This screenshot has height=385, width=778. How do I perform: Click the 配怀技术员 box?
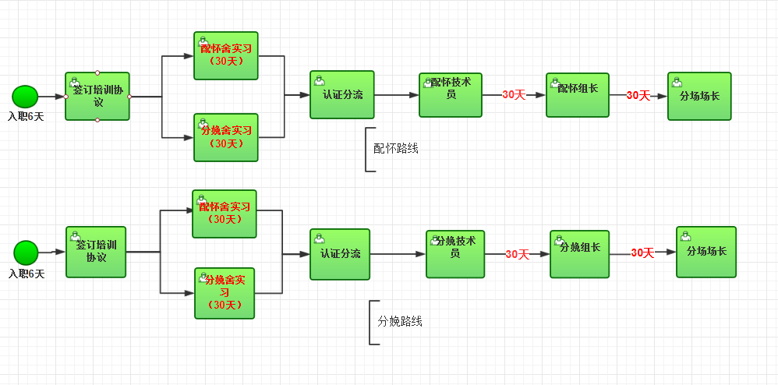(451, 95)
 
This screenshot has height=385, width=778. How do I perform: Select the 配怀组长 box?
(578, 95)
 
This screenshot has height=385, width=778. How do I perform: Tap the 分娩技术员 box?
(455, 254)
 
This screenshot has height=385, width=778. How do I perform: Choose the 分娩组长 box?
(579, 254)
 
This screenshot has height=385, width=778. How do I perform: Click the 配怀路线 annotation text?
(396, 148)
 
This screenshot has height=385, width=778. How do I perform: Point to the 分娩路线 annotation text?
(400, 321)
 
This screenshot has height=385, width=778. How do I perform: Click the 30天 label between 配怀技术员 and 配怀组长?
(514, 95)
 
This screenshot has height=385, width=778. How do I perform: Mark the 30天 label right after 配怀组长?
(638, 95)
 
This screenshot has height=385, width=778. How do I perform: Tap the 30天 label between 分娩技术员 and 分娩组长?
(517, 254)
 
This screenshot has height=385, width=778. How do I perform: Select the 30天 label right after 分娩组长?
(642, 253)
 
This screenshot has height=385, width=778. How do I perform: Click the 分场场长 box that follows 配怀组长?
(699, 97)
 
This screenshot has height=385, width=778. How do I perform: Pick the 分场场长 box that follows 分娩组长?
(706, 252)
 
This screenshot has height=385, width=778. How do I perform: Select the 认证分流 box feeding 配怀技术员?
(342, 95)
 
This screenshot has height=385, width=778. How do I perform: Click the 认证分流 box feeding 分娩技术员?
(340, 254)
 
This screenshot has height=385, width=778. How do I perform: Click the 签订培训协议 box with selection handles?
(97, 97)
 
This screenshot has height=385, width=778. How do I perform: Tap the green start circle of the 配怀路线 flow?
(25, 97)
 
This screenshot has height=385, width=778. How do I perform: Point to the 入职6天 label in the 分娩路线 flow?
(27, 274)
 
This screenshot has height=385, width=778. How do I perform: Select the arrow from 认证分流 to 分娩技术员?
(398, 254)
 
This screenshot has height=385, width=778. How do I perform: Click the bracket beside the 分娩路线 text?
(372, 322)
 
